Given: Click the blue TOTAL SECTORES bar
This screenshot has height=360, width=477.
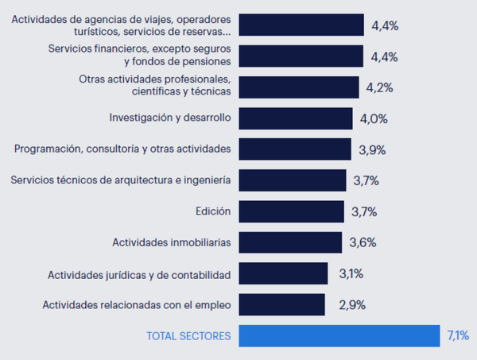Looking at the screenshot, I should click(x=339, y=335).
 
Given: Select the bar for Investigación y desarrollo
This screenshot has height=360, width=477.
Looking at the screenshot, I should click(x=295, y=118).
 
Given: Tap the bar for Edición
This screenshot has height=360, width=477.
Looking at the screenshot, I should click(x=292, y=211).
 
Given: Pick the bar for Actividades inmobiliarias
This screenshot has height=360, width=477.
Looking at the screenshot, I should click(x=291, y=242).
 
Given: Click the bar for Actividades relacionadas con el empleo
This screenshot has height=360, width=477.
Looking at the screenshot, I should click(x=281, y=304).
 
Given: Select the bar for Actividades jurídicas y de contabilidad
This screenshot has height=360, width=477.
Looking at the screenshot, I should click(x=283, y=273).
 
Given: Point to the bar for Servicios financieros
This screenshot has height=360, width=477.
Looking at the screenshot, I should click(x=301, y=56).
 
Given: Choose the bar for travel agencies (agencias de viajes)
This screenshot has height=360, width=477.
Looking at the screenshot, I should click(x=301, y=25).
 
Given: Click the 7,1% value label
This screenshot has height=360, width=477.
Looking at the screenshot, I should click(x=458, y=335).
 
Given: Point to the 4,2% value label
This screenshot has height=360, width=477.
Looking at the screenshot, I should click(x=379, y=87).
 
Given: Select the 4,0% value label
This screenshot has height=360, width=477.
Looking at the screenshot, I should click(x=374, y=118).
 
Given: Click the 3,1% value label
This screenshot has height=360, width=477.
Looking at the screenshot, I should click(x=351, y=273).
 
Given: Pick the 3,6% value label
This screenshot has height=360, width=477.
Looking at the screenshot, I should click(x=363, y=242).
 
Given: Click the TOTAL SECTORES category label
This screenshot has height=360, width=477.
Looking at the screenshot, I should click(x=188, y=336).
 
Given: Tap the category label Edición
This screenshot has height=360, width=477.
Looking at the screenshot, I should click(x=212, y=211).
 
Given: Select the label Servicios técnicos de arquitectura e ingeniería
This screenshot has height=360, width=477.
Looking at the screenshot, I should click(x=121, y=180).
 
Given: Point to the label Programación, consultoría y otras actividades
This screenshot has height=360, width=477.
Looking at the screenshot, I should click(x=122, y=149).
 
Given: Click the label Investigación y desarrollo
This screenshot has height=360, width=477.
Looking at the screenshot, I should click(x=169, y=118).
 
